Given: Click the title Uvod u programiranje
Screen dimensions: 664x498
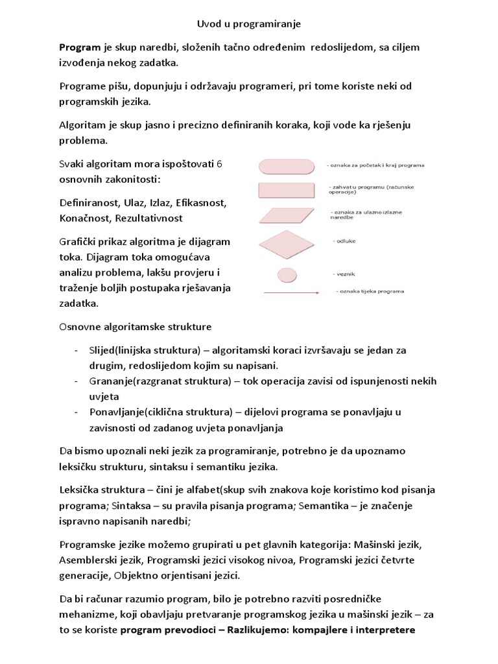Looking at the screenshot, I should (x=249, y=24).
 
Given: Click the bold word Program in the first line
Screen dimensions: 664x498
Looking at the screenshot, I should (x=80, y=48).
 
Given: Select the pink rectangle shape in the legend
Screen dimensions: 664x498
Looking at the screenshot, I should (x=285, y=189).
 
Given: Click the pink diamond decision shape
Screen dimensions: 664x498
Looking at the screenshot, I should (x=285, y=244).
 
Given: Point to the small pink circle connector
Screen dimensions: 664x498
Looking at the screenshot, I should (x=286, y=273).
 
